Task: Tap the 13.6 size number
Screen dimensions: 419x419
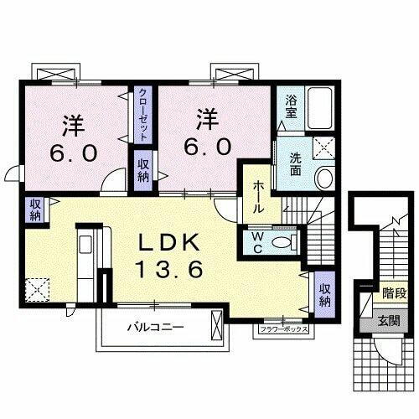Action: click(170, 270)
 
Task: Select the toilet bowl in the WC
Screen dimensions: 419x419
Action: click(285, 242)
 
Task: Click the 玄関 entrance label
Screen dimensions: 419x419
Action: click(387, 320)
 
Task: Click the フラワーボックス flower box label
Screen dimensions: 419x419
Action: click(285, 330)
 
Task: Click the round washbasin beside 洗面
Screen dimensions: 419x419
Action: click(323, 178)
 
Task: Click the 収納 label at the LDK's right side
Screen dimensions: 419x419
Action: click(324, 294)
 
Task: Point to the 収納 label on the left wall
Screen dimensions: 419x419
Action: click(35, 209)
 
